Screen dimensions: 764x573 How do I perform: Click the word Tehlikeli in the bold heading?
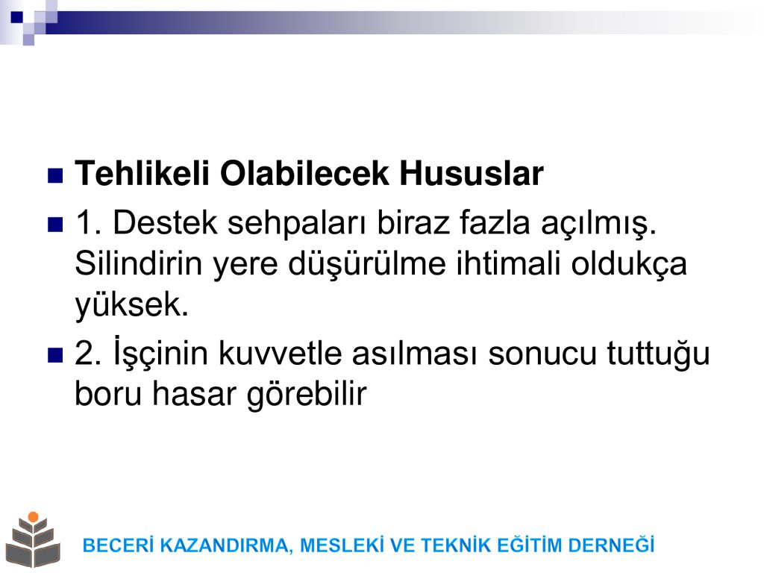pyautogui.click(x=142, y=173)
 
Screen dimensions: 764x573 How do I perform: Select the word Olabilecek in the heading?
pyautogui.click(x=304, y=173)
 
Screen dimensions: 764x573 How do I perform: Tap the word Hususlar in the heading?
pyautogui.click(x=472, y=173)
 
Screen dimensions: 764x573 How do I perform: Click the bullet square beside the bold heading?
pyautogui.click(x=55, y=175)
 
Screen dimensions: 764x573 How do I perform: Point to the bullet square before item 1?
pyautogui.click(x=55, y=225)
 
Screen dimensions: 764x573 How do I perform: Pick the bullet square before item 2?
pyautogui.click(x=55, y=355)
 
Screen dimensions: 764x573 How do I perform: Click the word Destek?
pyautogui.click(x=165, y=222)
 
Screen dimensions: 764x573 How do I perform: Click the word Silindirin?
pyautogui.click(x=138, y=263)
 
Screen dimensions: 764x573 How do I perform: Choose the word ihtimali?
pyautogui.click(x=508, y=263)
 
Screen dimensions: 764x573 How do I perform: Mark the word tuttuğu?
pyautogui.click(x=658, y=354)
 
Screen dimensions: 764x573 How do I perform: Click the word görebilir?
pyautogui.click(x=307, y=395)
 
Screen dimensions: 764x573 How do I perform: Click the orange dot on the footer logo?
pyautogui.click(x=33, y=517)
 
